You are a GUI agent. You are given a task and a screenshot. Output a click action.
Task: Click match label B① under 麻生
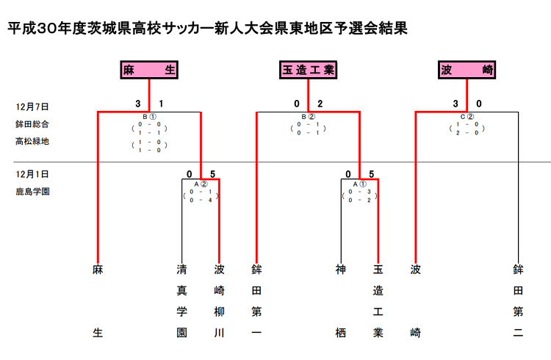149,116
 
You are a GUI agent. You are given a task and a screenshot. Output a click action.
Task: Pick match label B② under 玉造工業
308,116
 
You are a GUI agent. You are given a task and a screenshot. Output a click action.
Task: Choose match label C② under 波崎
467,116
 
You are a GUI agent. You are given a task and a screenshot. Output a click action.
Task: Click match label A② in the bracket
200,184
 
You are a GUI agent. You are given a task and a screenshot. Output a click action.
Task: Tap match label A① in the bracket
359,184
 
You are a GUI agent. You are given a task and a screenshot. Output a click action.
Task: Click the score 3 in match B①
137,104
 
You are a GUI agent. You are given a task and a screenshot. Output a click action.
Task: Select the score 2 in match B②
320,104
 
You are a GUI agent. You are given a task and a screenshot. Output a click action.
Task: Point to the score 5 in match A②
212,174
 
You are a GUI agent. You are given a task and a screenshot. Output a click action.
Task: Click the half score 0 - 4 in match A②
200,200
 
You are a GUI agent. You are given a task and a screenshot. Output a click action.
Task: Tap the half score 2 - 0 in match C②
467,133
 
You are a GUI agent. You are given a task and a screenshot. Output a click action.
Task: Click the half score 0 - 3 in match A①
359,192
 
